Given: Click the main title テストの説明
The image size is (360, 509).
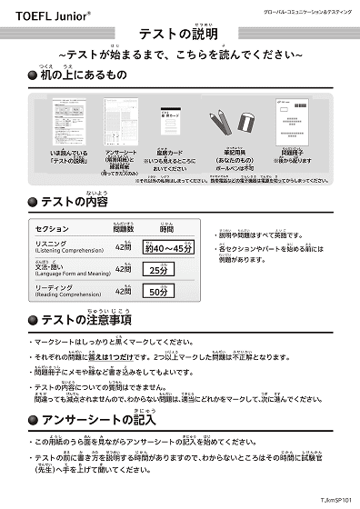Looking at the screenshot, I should pos(181,33).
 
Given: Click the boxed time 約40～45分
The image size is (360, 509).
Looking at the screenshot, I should pos(168,248).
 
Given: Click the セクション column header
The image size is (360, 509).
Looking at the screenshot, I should pos(52,229).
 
